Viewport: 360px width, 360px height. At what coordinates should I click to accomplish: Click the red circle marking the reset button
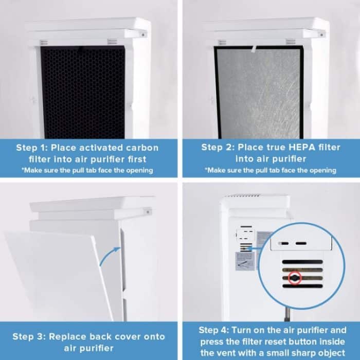294,278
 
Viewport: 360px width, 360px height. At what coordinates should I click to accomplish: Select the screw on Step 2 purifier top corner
322,34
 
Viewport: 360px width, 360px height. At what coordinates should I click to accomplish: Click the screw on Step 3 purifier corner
148,211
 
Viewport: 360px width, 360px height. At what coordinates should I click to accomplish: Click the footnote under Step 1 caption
88,170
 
